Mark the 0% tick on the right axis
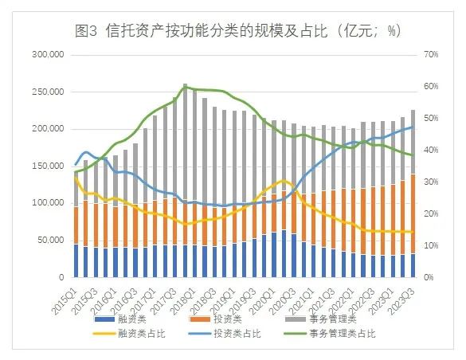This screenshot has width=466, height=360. tap(429, 277)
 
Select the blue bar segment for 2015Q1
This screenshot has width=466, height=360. tap(76, 260)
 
